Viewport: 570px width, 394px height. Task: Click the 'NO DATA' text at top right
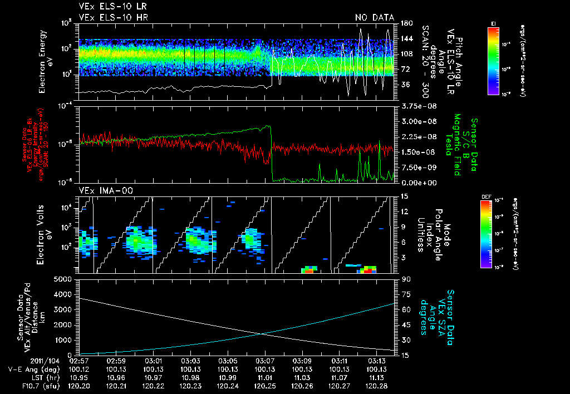tap(374, 17)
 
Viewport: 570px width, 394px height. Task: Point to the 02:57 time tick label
tap(80, 360)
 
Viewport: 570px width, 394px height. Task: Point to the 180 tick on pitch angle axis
tap(405, 23)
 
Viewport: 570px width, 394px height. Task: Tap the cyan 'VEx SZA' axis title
tap(442, 312)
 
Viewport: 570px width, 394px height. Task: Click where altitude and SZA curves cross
tap(262, 333)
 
